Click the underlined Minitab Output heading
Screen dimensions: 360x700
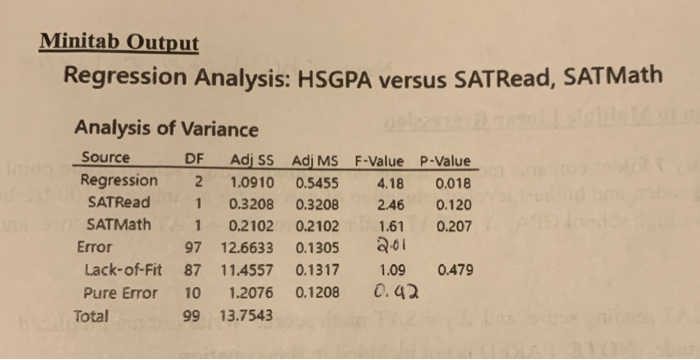[x=119, y=43]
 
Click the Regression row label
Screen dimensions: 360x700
[x=118, y=181]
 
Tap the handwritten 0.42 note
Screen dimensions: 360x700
[x=386, y=294]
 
